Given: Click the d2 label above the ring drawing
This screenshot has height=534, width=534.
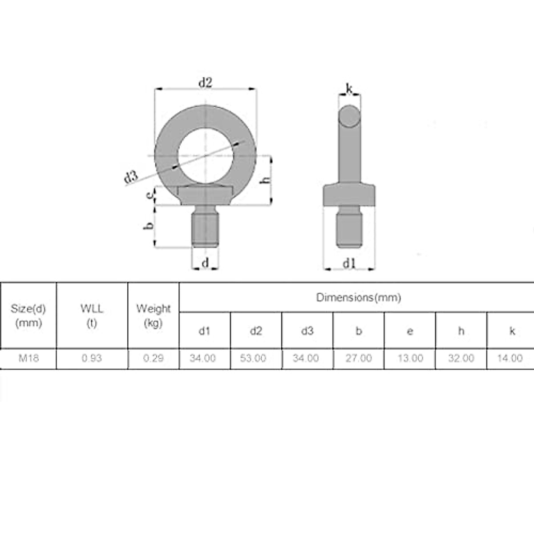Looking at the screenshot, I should tap(205, 82).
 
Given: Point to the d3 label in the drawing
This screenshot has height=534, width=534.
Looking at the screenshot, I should tap(131, 177).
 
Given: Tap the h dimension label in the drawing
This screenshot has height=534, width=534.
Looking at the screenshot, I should tap(265, 179).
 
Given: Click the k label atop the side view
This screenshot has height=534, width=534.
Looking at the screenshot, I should tap(349, 89).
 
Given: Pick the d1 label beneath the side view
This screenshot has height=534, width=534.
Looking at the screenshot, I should tap(349, 263).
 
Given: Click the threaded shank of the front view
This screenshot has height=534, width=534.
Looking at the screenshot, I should tap(205, 229).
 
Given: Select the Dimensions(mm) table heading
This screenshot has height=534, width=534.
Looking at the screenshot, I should tap(358, 297).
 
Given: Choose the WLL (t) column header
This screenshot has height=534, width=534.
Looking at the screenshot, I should tap(92, 315).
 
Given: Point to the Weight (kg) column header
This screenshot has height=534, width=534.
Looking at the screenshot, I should tap(154, 315).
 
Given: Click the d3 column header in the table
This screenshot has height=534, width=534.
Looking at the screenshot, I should tap(307, 331).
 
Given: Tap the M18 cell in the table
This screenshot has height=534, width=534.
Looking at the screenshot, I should tap(28, 358).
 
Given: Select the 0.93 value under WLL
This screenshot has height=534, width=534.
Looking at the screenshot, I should tap(92, 358).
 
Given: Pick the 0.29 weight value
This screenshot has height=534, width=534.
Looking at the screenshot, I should tap(154, 358).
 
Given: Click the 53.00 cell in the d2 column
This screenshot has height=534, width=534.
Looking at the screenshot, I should tap(253, 358).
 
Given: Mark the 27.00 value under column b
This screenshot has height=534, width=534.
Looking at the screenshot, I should tap(358, 358).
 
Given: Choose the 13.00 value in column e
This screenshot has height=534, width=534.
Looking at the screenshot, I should tap(410, 358).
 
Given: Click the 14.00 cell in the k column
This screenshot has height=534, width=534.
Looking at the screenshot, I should tap(510, 358).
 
